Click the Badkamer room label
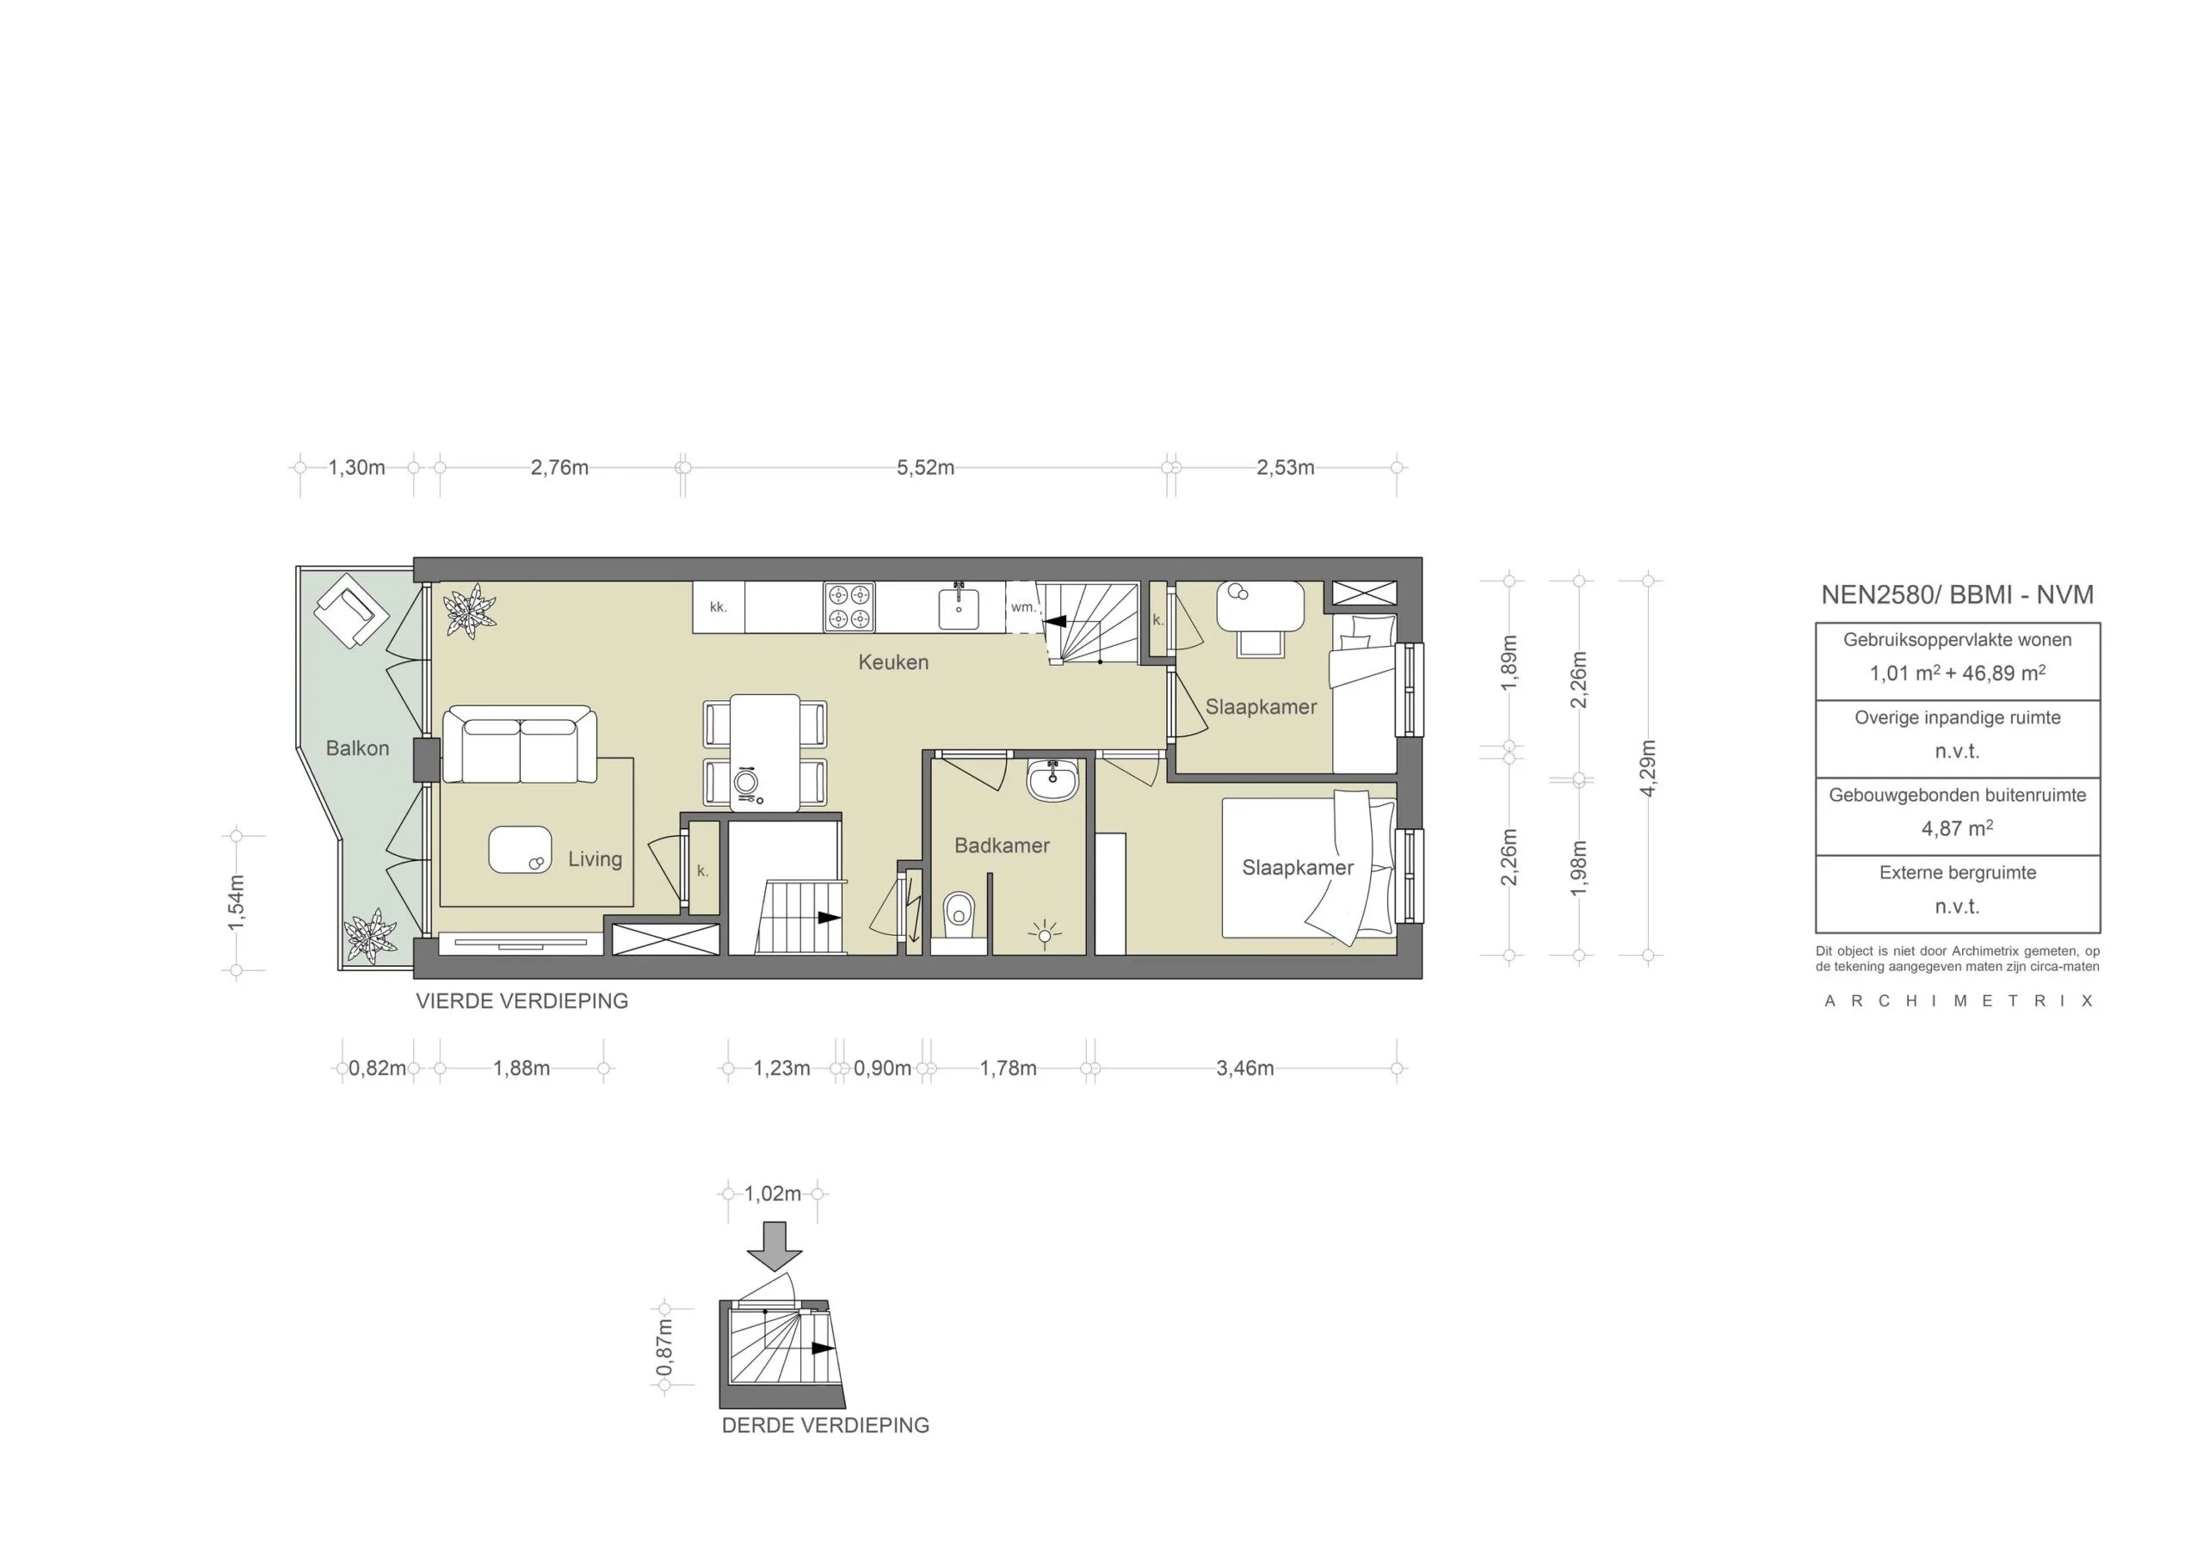tap(1001, 846)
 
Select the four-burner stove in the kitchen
tap(849, 606)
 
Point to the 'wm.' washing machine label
tap(1023, 607)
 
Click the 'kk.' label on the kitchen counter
tap(718, 607)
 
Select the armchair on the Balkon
tap(351, 609)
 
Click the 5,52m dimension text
tap(925, 468)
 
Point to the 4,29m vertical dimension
tap(1647, 767)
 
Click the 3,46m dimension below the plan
tap(1244, 1068)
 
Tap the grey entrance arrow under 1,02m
tap(774, 1245)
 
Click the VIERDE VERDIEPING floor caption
tap(522, 1001)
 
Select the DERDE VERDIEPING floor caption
tap(825, 1425)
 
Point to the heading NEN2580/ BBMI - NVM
tap(1956, 594)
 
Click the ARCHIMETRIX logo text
tap(1958, 1001)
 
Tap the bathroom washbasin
tap(1052, 780)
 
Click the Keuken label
tap(892, 662)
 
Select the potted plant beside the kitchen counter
tap(470, 611)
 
